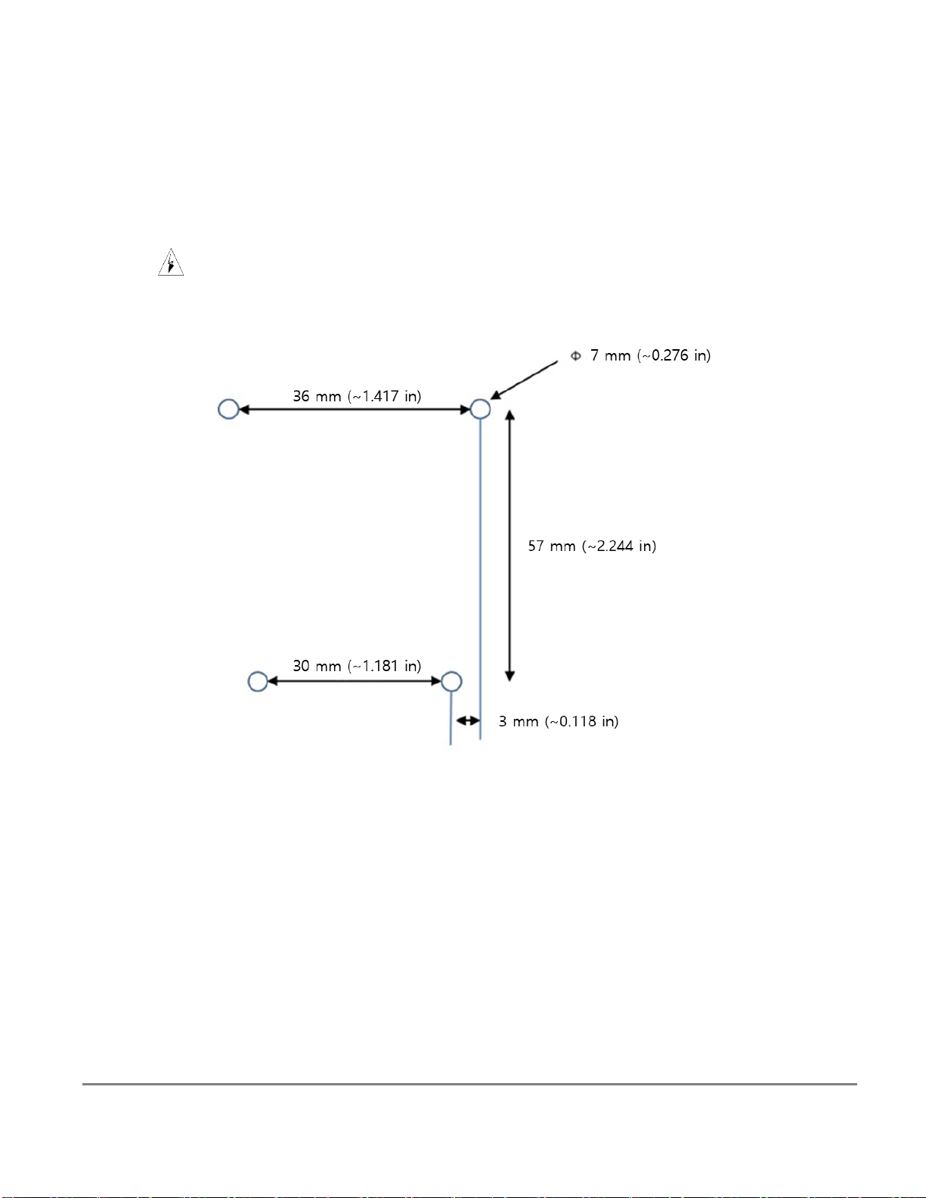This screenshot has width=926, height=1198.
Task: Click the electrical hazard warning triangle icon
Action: coord(171,262)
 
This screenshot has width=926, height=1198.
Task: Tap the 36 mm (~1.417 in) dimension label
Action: coord(357,396)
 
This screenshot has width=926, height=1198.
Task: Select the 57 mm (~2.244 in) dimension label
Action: coord(592,546)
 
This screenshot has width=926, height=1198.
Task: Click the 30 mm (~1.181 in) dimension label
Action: coord(357,666)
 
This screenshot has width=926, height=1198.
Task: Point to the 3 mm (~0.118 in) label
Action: coord(559,722)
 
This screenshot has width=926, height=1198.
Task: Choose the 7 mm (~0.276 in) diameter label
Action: coord(650,355)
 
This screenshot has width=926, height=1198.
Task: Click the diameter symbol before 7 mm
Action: coord(575,356)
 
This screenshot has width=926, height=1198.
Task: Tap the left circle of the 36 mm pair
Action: coord(218,409)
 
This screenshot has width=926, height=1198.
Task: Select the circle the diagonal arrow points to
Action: coord(471,409)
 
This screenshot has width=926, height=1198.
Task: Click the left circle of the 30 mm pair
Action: coord(248,682)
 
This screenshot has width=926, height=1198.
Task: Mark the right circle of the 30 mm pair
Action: coord(442,682)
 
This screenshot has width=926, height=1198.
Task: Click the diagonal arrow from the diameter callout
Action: coord(524,380)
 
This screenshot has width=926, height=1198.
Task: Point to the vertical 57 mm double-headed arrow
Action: coord(509,546)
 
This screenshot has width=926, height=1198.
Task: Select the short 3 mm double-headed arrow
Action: coord(468,720)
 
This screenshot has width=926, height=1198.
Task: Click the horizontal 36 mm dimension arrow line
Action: coord(355,410)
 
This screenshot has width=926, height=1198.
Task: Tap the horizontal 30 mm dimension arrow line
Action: coord(355,682)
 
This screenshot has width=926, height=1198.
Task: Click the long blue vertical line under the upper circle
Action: coord(480,579)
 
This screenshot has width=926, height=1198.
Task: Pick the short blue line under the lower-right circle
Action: coord(451,718)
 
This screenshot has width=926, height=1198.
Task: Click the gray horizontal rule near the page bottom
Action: coord(469,1084)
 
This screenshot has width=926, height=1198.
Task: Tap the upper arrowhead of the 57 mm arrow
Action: coord(509,415)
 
